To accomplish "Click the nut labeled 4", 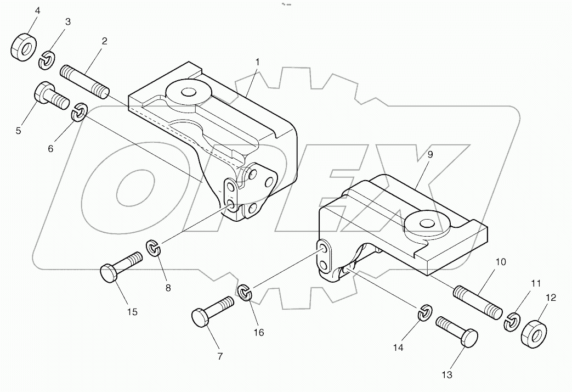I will tap(23, 48).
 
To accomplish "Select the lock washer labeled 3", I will tap(48, 59).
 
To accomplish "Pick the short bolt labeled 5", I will tap(50, 96).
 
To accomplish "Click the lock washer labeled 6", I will tap(80, 112).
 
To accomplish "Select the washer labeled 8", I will tap(155, 248).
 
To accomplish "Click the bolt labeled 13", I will tap(456, 330).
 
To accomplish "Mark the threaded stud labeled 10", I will tap(477, 301).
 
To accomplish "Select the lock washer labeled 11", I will tap(513, 321).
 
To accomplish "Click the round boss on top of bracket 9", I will tap(426, 222).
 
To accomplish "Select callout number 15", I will tap(132, 312).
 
